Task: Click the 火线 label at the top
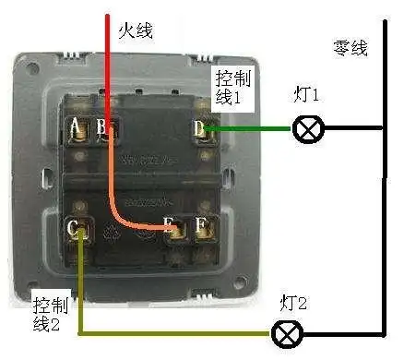pos(135,30)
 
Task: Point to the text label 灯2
pos(292,302)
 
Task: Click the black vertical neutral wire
pos(383,185)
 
